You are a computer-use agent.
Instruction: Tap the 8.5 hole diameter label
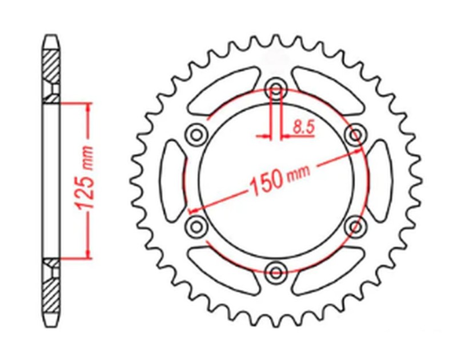(x=303, y=127)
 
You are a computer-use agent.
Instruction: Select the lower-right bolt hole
(x=356, y=225)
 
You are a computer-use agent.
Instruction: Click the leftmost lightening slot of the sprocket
(x=173, y=180)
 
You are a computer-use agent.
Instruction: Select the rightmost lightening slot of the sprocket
(x=379, y=180)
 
